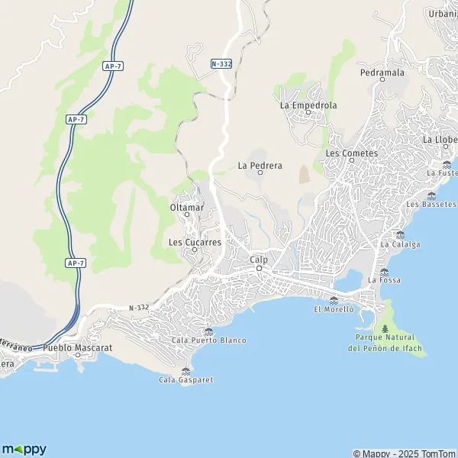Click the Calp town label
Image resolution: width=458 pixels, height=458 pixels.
click(259, 260)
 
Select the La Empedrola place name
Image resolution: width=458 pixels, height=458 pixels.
click(308, 105)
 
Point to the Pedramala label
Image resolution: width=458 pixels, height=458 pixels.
click(381, 73)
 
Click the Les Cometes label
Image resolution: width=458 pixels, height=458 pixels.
click(351, 153)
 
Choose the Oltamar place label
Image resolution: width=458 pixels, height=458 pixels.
click(185, 206)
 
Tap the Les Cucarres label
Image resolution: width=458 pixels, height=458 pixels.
click(195, 242)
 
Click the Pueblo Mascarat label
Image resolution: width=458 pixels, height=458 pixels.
click(78, 347)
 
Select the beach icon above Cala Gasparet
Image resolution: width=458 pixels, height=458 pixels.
click(185, 371)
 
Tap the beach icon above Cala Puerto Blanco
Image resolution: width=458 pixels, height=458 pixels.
click(208, 331)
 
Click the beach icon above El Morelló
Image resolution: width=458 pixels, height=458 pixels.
click(334, 300)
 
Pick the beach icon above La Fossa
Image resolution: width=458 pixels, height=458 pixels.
click(384, 271)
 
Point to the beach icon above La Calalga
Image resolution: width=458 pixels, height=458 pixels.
click(400, 235)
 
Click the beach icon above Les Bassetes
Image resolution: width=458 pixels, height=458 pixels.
click(431, 195)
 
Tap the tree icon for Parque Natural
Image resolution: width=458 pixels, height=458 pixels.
click(384, 328)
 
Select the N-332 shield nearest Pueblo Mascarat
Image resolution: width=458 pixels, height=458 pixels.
click(138, 308)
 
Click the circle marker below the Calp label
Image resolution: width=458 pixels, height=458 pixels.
click(259, 268)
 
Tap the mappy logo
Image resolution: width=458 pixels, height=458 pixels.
click(24, 449)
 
